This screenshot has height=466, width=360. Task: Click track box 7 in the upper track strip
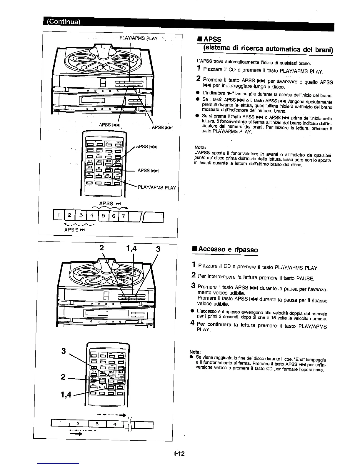pos(124,216)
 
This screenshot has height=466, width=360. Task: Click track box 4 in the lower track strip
pos(115,424)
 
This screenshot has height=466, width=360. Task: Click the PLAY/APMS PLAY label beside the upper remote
pos(157,187)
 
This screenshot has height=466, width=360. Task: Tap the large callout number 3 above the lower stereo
pos(158,249)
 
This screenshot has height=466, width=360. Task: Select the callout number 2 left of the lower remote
pos(63,377)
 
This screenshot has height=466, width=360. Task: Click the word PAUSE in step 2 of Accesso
pos(305,278)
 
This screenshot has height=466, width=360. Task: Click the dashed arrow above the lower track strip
pos(112,415)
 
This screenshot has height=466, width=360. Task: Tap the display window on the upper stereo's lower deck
pos(92,101)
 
